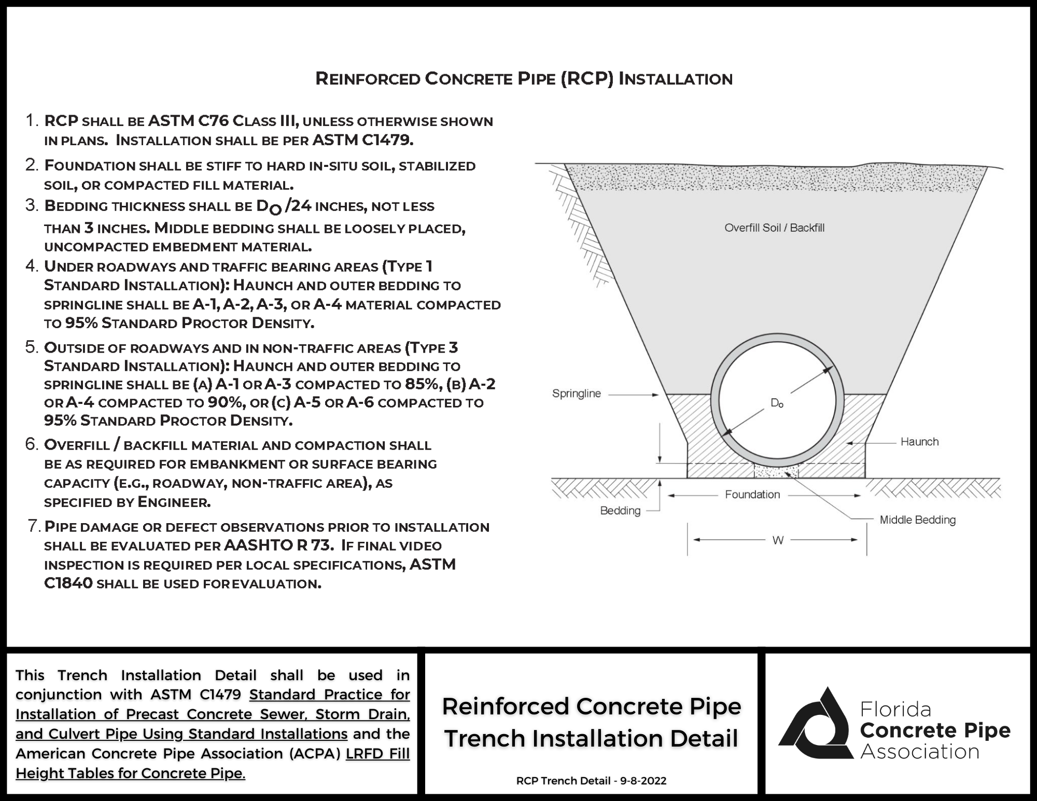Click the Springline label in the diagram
point(576,394)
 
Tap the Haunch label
point(919,442)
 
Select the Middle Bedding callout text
point(917,519)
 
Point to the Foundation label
point(752,495)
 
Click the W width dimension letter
point(778,540)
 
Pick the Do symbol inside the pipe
point(777,403)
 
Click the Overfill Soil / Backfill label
point(774,228)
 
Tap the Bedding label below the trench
point(620,511)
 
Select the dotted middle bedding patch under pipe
point(776,472)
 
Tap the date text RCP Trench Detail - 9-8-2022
point(591,781)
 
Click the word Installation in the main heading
point(676,79)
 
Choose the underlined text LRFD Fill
point(377,753)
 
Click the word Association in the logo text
point(920,752)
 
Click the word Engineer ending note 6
point(173,502)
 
